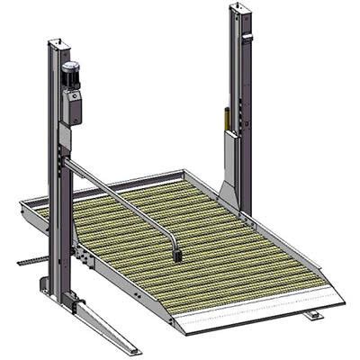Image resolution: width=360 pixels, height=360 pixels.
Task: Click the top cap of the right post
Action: (x=240, y=8)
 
